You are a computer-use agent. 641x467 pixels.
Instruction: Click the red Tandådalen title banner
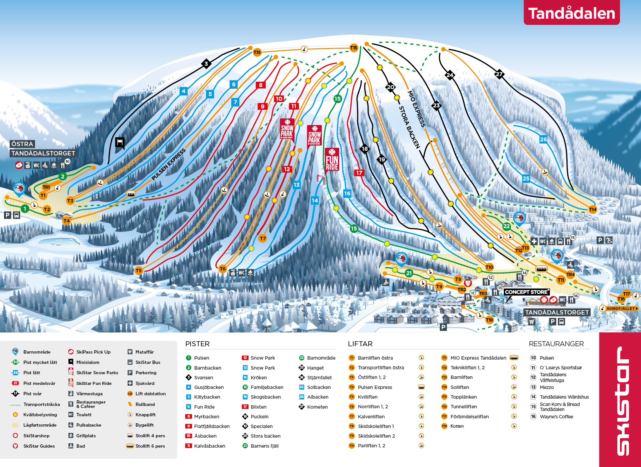[572, 13]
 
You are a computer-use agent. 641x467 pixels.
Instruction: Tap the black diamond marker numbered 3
[206, 63]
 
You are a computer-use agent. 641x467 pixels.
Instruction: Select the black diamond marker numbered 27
[499, 74]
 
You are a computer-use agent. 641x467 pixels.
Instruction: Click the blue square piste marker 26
[544, 139]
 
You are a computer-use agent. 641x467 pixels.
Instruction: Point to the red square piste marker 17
[359, 173]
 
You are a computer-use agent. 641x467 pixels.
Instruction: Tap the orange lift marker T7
[263, 238]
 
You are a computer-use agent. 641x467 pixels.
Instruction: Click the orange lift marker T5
[139, 271]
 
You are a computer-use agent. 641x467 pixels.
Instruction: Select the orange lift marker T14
[593, 209]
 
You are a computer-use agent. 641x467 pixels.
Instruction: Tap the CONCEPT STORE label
[526, 292]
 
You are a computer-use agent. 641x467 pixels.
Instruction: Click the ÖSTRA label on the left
[22, 144]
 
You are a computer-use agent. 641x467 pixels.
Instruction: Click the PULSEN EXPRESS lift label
[168, 164]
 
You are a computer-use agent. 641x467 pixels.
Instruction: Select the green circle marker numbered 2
[62, 176]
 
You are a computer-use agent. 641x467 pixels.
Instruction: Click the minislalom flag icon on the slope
[120, 142]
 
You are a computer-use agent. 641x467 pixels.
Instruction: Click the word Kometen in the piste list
[317, 407]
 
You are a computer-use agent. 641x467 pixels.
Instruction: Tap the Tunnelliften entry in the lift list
[463, 406]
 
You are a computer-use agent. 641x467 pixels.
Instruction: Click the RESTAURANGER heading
[556, 344]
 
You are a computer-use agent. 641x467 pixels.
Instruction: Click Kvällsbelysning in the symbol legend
[40, 415]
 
